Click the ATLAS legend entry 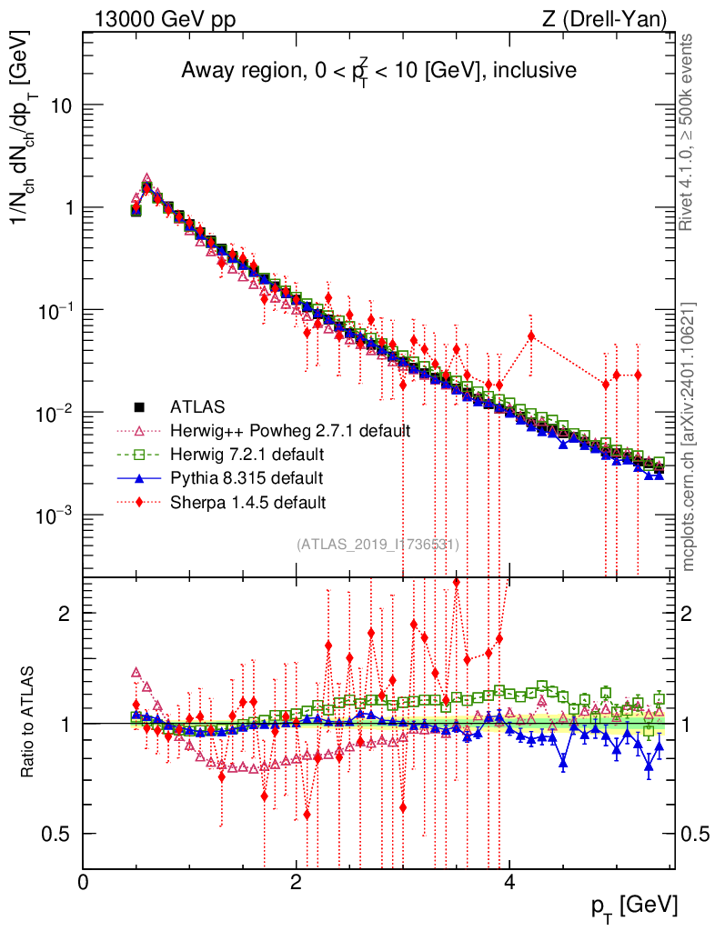coord(196,406)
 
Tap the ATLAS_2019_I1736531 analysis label coord(378,544)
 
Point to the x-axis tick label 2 coord(296,882)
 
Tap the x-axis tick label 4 coord(509,882)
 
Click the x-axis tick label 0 coord(84,882)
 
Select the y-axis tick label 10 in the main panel coord(62,105)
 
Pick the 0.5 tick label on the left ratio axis coord(60,834)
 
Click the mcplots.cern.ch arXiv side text coord(689,436)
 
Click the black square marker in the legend coord(138,406)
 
